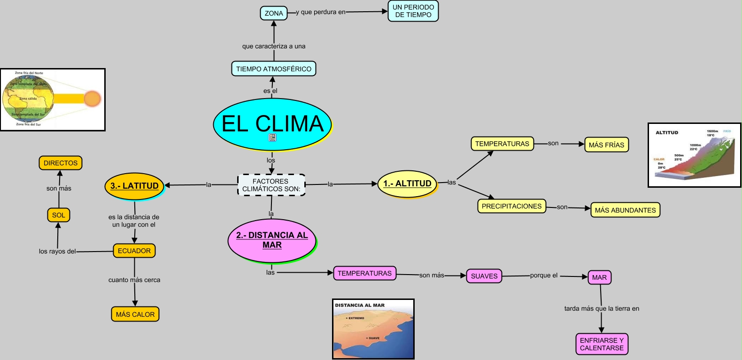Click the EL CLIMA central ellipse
click(272, 123)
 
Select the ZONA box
click(274, 13)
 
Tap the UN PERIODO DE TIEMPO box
click(413, 11)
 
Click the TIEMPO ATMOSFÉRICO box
click(274, 69)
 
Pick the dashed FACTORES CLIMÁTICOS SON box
click(271, 185)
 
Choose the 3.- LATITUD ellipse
click(134, 186)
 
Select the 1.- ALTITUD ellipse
click(407, 184)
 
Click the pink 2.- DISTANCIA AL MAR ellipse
click(272, 240)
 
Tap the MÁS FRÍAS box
click(606, 145)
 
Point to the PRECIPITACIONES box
click(511, 206)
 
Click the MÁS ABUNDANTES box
click(625, 210)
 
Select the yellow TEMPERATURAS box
click(502, 144)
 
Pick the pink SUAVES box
click(484, 276)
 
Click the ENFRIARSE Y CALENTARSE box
click(602, 344)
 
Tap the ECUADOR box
click(134, 251)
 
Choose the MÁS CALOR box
click(135, 314)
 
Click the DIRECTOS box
click(61, 163)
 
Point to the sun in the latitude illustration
click(92, 99)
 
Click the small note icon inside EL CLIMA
click(272, 138)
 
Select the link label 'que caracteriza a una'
click(274, 46)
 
